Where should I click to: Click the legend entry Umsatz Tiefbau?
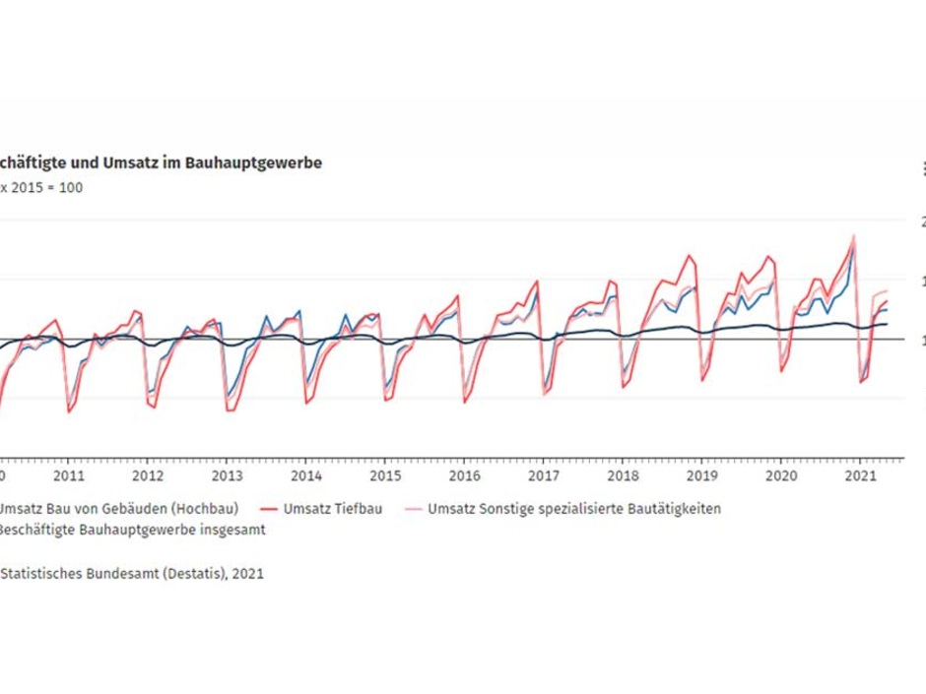[x=332, y=509]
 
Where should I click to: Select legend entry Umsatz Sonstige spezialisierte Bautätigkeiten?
[x=574, y=509]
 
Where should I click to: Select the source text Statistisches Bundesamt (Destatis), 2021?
[x=132, y=573]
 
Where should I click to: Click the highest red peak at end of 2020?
[x=853, y=237]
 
